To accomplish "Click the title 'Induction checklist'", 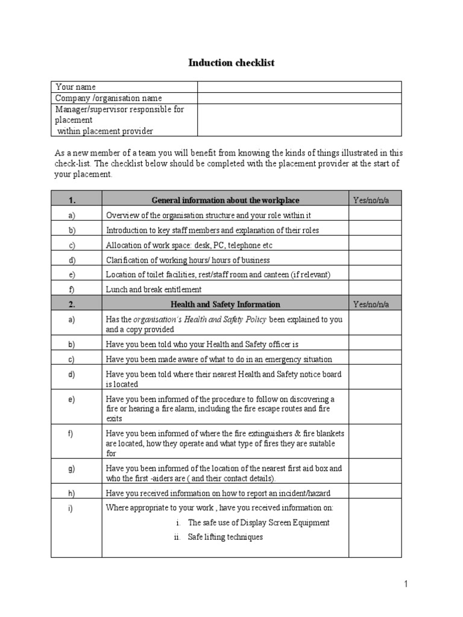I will [231, 63].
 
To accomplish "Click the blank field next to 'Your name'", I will [299, 87].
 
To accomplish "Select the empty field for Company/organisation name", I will [299, 98].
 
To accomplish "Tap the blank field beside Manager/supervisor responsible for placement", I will [299, 120].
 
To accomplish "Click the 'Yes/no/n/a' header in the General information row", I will [371, 200].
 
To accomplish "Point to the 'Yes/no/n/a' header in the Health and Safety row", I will [371, 304].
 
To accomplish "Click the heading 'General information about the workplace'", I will [225, 200].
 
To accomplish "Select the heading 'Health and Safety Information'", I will [225, 304].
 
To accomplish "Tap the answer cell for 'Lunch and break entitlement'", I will [374, 289].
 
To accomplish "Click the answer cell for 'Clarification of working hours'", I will [374, 260].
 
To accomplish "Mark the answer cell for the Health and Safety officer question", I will [374, 344].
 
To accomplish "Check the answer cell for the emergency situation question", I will [374, 359].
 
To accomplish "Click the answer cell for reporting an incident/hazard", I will [374, 492].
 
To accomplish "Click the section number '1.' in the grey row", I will [71, 200].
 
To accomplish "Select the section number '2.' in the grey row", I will [71, 304].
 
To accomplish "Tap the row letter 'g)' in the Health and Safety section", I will [72, 468].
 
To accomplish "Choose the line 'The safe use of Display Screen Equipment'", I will [258, 522].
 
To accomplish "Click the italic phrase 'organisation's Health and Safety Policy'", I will [200, 319].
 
